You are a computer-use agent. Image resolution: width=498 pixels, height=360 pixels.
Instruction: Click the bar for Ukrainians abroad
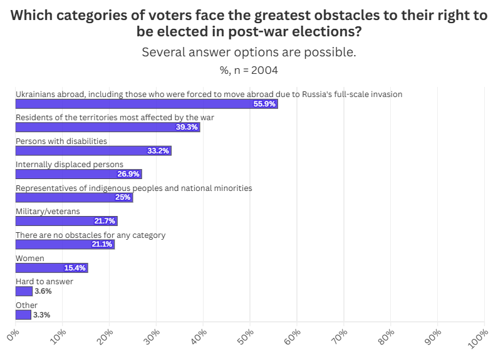tap(146, 104)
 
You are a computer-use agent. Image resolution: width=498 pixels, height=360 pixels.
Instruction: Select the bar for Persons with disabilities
tap(93, 151)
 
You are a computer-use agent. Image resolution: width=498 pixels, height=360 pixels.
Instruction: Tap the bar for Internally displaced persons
tap(78, 174)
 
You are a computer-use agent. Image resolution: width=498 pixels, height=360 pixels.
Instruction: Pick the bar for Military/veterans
tap(66, 221)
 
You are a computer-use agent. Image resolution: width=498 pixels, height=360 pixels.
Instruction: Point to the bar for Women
tap(51, 268)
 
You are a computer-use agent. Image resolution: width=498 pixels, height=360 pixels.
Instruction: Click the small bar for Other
tap(23, 315)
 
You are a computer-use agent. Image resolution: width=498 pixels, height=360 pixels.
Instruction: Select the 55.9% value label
tap(264, 104)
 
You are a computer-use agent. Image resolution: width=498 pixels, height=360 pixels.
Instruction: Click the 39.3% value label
tap(187, 127)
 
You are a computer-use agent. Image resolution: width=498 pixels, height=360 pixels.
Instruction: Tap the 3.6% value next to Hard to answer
tap(43, 291)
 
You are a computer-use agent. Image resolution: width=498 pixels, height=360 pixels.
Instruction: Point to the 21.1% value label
tap(101, 244)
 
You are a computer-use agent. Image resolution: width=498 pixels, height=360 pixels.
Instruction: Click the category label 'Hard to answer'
tap(44, 282)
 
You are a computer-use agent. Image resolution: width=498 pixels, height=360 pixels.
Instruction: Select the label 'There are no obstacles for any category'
tap(90, 235)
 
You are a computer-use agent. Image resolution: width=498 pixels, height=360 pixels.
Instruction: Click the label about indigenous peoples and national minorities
tap(133, 188)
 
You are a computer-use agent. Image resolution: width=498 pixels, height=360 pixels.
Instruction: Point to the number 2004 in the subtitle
tap(264, 70)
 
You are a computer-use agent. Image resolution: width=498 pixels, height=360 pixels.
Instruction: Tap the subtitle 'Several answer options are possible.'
tap(249, 52)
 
